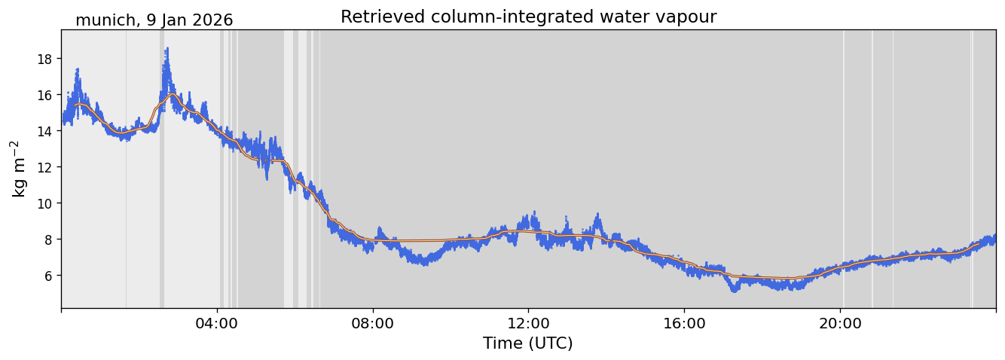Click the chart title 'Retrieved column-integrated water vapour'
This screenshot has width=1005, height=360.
pyautogui.click(x=528, y=17)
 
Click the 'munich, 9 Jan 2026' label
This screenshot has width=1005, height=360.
pyautogui.click(x=154, y=20)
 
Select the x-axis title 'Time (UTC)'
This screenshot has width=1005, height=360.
pyautogui.click(x=527, y=343)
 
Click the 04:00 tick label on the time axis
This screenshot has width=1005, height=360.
pyautogui.click(x=217, y=323)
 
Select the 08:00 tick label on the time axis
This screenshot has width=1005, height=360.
pyautogui.click(x=373, y=323)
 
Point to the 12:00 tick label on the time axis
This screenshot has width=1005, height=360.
pyautogui.click(x=528, y=323)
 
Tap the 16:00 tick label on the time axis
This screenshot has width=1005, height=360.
pyautogui.click(x=684, y=323)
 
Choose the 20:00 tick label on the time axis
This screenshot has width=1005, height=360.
pyautogui.click(x=840, y=323)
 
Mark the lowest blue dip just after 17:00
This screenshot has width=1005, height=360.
pyautogui.click(x=735, y=290)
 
